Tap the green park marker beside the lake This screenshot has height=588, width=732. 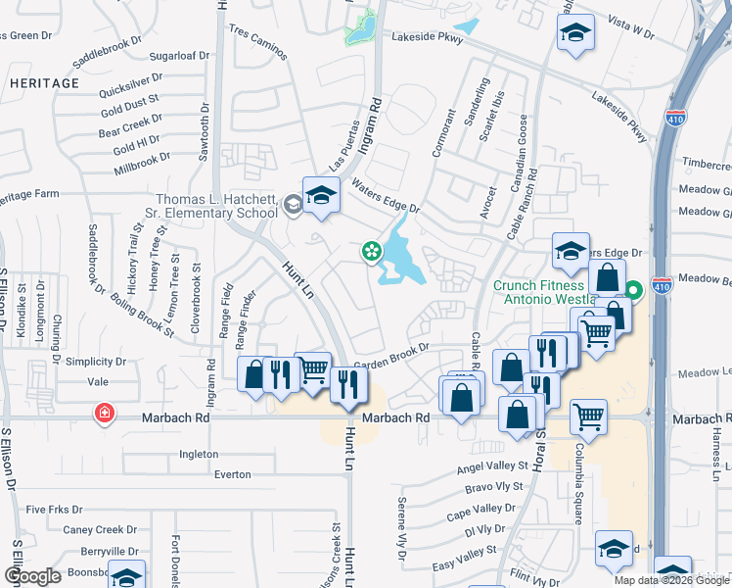372,252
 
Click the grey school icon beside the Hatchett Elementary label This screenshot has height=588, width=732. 292,205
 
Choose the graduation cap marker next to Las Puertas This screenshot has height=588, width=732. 320,194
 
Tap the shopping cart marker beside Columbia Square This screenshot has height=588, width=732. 589,416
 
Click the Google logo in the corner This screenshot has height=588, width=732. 32,576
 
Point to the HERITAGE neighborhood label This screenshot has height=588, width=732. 44,83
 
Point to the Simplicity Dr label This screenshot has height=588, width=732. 95,361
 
